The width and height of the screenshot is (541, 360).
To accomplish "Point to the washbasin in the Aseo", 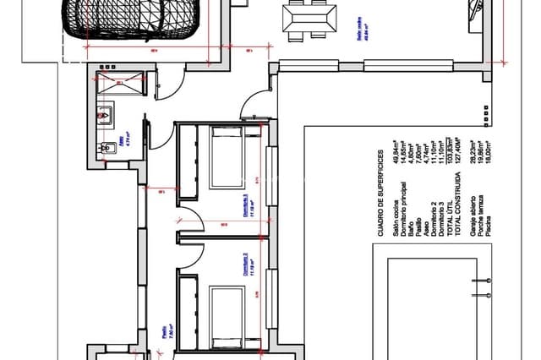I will coord(107,116).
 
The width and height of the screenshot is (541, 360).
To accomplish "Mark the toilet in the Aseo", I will coord(105,149).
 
